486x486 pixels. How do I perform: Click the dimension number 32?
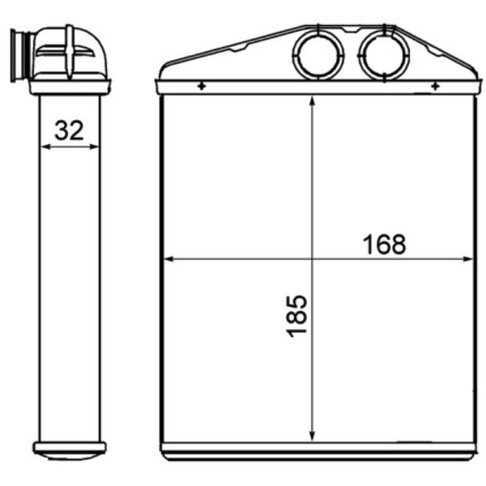click(69, 131)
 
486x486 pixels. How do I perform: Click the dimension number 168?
click(384, 244)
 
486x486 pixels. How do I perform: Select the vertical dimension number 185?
click(296, 316)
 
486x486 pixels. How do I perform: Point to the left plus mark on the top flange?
click(202, 86)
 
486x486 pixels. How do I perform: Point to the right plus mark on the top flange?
click(436, 86)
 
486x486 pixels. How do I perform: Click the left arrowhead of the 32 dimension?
click(45, 146)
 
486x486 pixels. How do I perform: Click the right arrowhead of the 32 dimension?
click(94, 146)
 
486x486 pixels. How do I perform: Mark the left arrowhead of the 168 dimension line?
click(169, 259)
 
